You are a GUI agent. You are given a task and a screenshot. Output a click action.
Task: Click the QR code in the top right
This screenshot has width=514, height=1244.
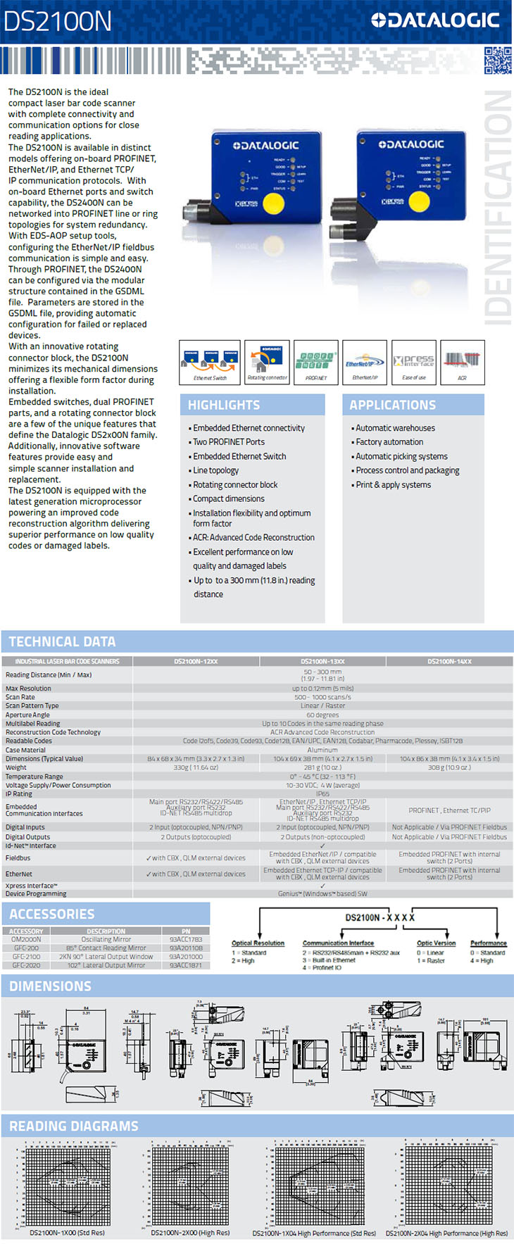[x=498, y=60]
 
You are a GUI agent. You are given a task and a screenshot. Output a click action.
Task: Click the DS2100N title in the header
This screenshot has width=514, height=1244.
[x=57, y=21]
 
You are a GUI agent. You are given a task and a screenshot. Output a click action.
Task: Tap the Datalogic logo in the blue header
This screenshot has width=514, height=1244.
[x=435, y=20]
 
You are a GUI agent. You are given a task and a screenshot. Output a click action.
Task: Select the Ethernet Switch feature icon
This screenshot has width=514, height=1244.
[x=210, y=362]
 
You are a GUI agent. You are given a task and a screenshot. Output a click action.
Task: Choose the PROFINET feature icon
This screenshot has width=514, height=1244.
[x=316, y=362]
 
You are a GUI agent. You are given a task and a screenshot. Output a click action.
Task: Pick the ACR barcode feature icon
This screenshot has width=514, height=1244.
[x=462, y=362]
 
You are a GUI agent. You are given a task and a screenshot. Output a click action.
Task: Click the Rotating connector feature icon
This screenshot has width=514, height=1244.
[x=267, y=362]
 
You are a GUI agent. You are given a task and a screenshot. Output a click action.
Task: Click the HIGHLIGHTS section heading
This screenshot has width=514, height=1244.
[x=224, y=405]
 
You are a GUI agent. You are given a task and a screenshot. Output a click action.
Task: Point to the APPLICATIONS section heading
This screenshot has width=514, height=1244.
[x=392, y=405]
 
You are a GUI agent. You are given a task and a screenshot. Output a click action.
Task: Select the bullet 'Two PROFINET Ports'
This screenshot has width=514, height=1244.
[x=229, y=442]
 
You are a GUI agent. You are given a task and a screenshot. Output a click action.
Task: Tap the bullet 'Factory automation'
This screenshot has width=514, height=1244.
[x=389, y=442]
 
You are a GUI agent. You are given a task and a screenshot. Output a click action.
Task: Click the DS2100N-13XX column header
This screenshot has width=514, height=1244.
[x=322, y=661]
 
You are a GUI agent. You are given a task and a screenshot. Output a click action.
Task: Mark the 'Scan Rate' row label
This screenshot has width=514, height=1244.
[x=20, y=697]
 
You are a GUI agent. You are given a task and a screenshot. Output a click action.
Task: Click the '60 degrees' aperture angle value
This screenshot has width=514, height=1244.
[x=322, y=715]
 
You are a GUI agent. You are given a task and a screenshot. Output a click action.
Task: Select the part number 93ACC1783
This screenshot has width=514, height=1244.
[x=186, y=939]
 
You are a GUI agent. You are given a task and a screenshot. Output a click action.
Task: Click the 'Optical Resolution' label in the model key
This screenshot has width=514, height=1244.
[x=258, y=943]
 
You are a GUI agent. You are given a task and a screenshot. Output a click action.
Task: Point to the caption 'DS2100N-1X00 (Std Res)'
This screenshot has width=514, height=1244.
[x=67, y=1233]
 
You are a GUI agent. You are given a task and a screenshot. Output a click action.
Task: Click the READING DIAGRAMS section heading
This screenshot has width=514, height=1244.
[x=74, y=1126]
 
